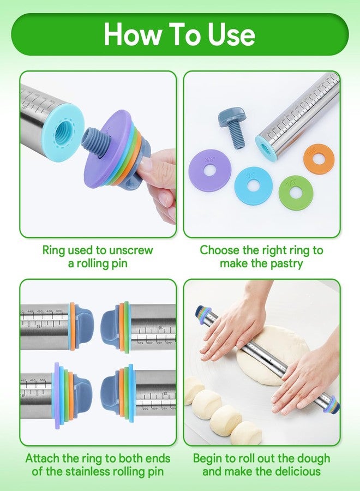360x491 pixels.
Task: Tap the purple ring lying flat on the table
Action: (x=210, y=170)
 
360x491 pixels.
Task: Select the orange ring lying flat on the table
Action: (x=319, y=159)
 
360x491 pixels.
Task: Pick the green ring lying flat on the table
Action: (x=295, y=192)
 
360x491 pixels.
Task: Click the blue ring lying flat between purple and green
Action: (x=253, y=186)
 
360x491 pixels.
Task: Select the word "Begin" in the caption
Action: (x=210, y=458)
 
